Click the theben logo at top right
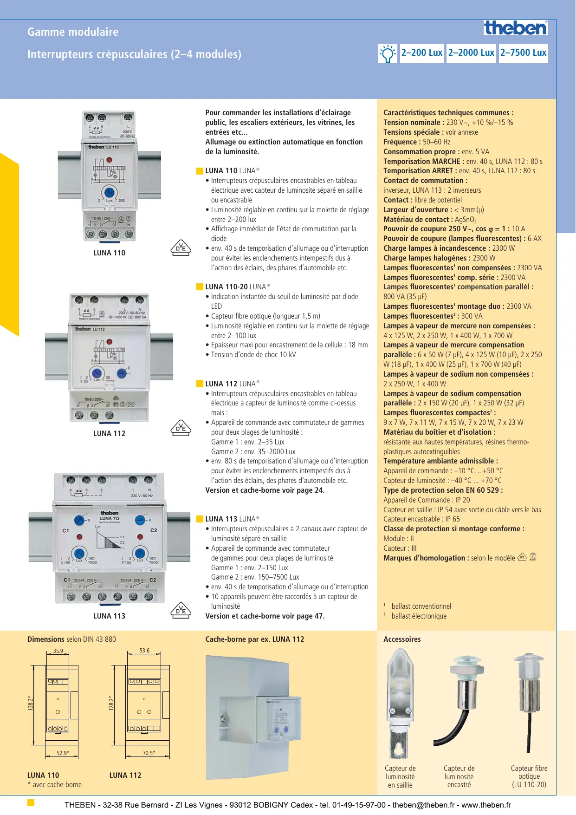point(516,28)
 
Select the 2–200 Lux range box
point(421,53)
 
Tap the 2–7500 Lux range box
point(523,53)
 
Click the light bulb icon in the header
point(388,53)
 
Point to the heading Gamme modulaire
point(73,32)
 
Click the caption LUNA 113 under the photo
point(109,616)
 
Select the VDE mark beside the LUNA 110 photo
point(181,248)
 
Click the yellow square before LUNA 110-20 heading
point(200,287)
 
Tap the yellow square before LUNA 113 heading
point(200,519)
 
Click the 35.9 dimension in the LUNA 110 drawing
point(58,651)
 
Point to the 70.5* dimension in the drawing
point(149,753)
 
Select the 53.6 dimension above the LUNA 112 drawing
point(145,651)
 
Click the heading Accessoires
point(402,639)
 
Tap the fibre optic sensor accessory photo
point(528,701)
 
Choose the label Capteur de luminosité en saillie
point(400,776)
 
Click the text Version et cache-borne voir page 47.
point(265,616)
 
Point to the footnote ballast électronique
point(419,616)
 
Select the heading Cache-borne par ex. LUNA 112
point(255,639)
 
